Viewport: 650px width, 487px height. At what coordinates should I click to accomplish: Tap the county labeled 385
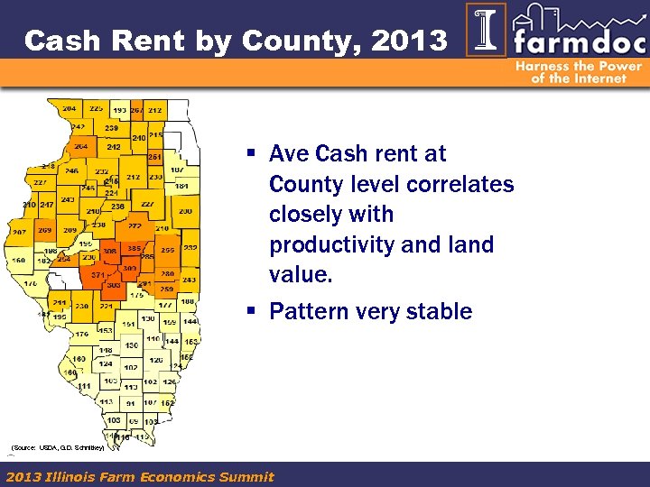click(x=134, y=249)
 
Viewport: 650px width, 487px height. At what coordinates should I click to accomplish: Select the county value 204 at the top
click(x=70, y=108)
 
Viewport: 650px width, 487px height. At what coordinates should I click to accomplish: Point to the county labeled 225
click(x=97, y=108)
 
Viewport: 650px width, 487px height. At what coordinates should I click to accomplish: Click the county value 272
click(x=135, y=226)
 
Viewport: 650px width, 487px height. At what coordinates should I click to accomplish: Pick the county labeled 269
click(x=44, y=231)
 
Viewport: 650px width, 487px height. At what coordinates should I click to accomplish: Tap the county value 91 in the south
click(x=131, y=403)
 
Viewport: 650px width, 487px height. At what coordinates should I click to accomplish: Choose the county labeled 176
click(x=81, y=335)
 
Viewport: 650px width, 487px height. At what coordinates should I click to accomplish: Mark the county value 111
click(x=84, y=386)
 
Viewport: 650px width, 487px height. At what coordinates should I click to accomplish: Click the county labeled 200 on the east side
click(x=184, y=211)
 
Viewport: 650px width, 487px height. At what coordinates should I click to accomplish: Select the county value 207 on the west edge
click(x=18, y=232)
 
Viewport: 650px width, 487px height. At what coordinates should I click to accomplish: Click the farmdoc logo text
click(x=574, y=41)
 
